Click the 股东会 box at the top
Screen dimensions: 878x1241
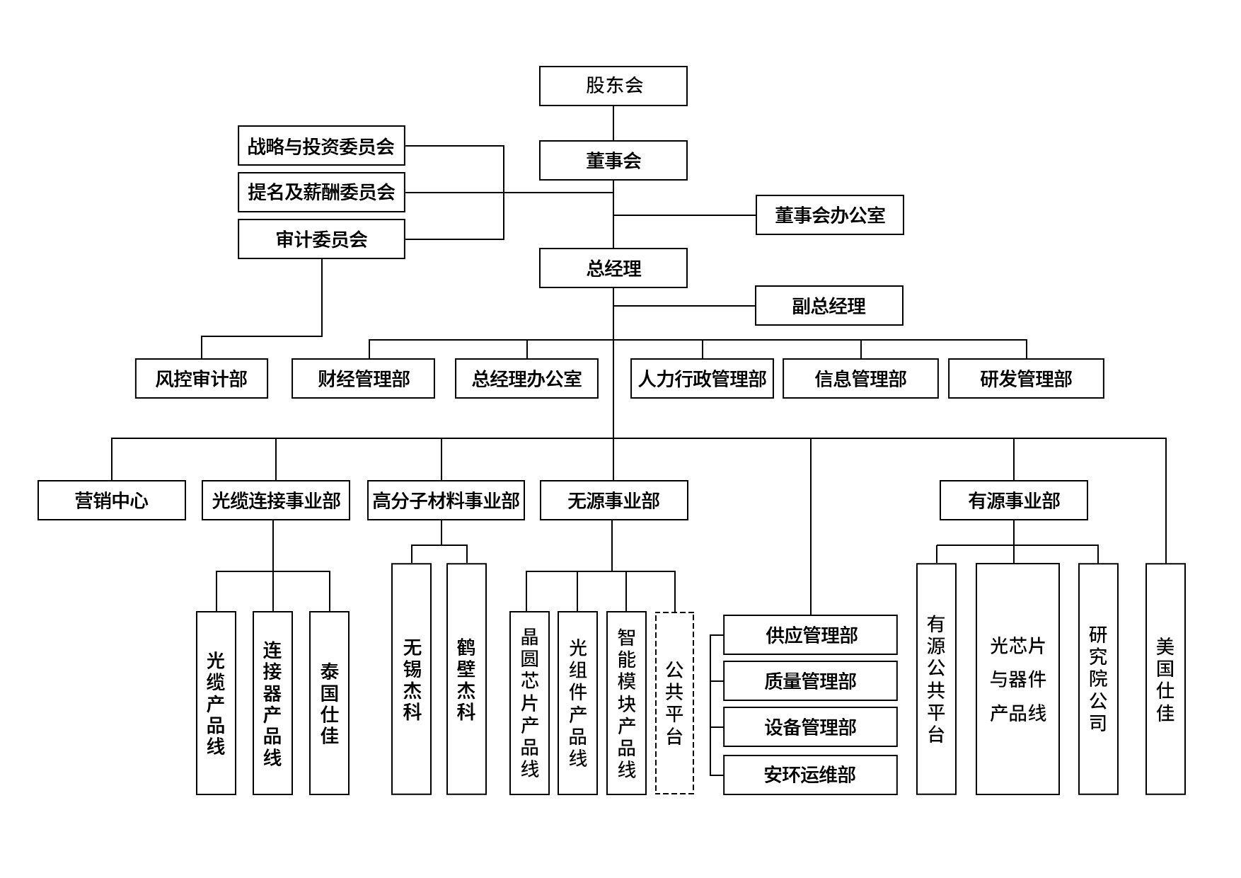click(613, 86)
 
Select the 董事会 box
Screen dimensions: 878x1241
click(613, 161)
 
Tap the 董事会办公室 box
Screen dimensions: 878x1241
click(829, 215)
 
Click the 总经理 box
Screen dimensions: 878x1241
click(613, 268)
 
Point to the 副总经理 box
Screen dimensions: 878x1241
click(829, 306)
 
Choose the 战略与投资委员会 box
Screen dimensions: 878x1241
click(321, 146)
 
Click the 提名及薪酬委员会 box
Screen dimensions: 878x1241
click(321, 192)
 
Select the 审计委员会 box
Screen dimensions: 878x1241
click(321, 239)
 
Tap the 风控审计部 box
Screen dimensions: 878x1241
click(202, 379)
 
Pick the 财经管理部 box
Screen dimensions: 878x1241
click(363, 379)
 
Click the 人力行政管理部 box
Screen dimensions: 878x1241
click(702, 379)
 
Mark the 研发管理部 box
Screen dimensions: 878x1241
click(1026, 379)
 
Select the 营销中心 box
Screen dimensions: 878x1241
click(112, 501)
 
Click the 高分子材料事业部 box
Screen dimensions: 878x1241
click(446, 501)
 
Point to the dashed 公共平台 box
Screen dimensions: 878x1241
click(674, 702)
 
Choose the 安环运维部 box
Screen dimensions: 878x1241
click(810, 775)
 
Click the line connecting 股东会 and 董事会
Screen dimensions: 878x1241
click(613, 123)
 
